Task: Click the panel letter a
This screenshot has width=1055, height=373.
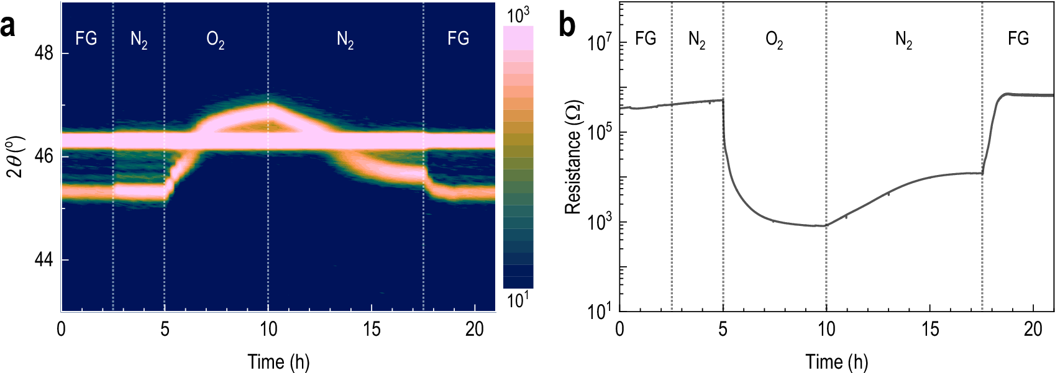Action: [x=8, y=27]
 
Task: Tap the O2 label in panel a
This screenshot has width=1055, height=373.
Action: [x=215, y=40]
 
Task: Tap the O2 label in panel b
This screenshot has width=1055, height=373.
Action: [x=774, y=40]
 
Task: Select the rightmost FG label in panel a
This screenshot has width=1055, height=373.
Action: [x=458, y=38]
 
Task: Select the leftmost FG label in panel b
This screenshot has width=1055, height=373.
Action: [x=646, y=38]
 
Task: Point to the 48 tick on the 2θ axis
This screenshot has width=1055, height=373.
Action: [x=43, y=53]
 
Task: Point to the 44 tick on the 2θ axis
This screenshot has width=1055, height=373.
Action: [x=43, y=260]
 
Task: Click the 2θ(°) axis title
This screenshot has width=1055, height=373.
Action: [x=15, y=156]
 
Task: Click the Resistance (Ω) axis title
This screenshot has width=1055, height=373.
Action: [x=573, y=157]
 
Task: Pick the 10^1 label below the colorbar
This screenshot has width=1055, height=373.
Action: [x=518, y=300]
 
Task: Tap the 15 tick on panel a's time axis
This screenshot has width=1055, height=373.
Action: [x=372, y=329]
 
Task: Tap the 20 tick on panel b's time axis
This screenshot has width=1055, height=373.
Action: [x=1033, y=329]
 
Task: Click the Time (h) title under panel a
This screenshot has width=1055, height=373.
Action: [x=278, y=362]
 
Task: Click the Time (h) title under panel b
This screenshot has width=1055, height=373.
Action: [x=836, y=362]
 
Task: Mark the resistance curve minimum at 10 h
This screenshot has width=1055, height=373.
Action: [x=824, y=226]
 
